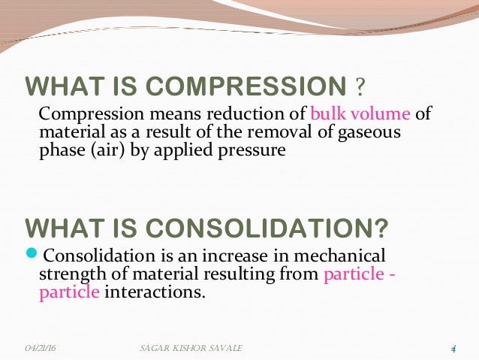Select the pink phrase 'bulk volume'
pos(360,115)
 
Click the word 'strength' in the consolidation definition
pos(68,274)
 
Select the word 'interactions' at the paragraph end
pos(154,292)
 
